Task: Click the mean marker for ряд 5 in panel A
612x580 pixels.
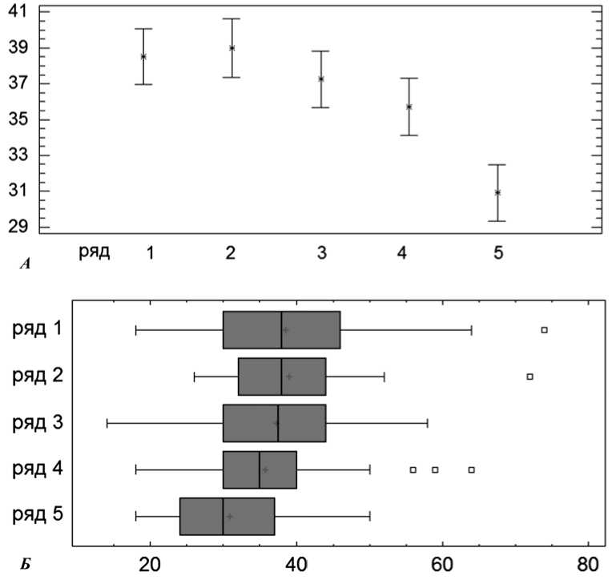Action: click(497, 192)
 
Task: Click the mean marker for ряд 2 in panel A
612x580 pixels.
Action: click(232, 48)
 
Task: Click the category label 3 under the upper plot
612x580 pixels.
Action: click(321, 253)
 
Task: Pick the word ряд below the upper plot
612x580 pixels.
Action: click(94, 252)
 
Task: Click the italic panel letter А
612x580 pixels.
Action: click(25, 263)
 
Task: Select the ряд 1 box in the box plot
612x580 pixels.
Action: click(281, 330)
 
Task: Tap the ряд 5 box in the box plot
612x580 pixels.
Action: click(227, 517)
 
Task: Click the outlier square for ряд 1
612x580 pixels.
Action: click(544, 330)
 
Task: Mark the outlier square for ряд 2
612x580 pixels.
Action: click(529, 376)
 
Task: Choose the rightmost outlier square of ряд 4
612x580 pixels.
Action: click(471, 469)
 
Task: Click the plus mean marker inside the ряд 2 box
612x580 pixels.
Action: click(289, 377)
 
